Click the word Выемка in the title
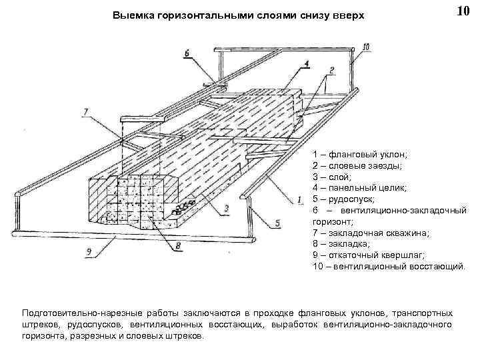point(133,15)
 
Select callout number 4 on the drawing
point(306,64)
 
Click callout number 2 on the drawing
point(331,70)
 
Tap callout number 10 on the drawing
point(366,47)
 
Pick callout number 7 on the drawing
point(85,111)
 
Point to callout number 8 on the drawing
point(177,245)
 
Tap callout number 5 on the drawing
point(277,224)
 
